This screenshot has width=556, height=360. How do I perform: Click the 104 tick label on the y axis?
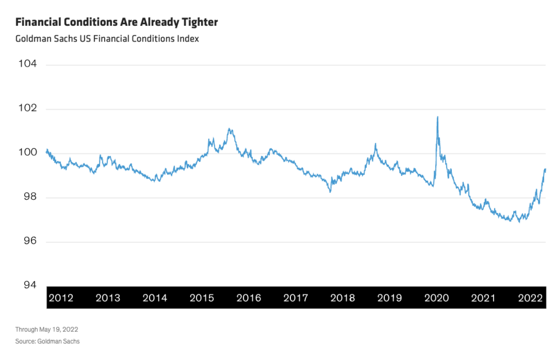tap(28, 64)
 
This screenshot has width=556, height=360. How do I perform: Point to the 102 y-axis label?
tap(28, 109)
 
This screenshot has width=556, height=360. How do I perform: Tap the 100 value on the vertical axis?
tap(28, 153)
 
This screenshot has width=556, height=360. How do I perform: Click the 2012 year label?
tap(61, 298)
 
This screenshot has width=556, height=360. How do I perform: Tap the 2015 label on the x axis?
tap(201, 298)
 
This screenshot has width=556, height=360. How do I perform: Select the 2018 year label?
tap(342, 298)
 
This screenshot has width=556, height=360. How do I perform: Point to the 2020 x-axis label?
tap(436, 298)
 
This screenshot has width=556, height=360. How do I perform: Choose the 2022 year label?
tap(530, 298)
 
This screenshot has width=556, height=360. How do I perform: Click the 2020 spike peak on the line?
tap(437, 116)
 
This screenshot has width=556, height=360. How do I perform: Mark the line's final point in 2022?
tap(545, 169)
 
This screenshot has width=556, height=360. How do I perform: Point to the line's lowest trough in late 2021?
tap(519, 222)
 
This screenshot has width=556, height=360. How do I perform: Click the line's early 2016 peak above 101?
tap(229, 129)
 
